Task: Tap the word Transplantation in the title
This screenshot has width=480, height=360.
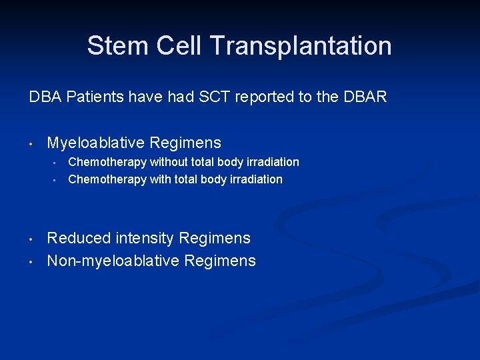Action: coord(300,46)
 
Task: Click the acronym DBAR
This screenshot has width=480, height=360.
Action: coord(365,97)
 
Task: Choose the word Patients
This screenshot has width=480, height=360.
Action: coord(85,97)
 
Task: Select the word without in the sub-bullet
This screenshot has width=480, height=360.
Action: coord(168,162)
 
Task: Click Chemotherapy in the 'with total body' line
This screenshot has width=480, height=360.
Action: coord(107,179)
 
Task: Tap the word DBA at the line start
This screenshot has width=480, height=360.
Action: coord(42,97)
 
